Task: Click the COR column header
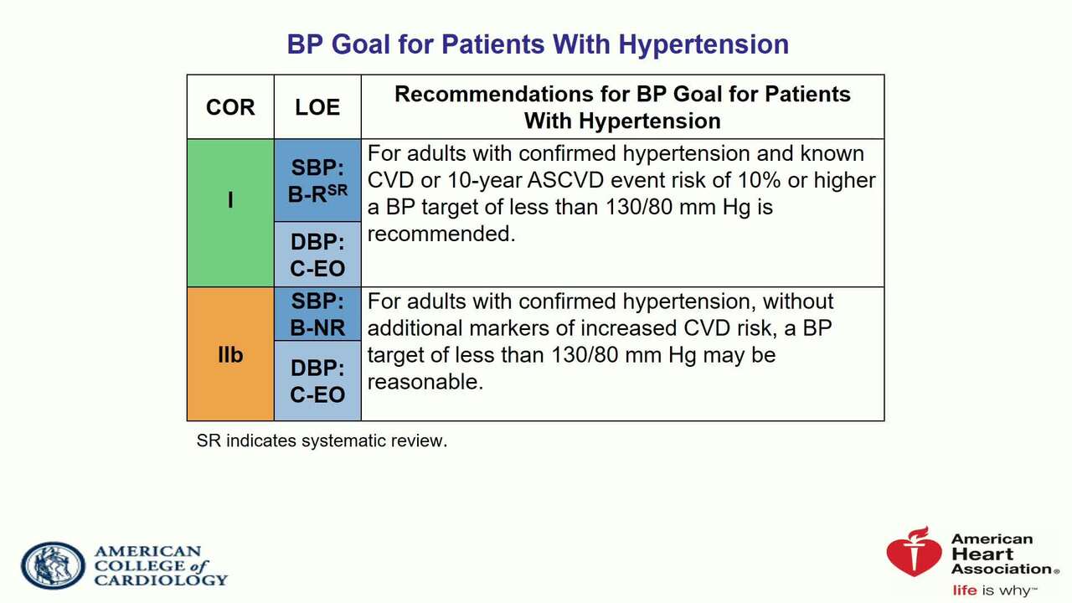point(230,107)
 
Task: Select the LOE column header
point(317,107)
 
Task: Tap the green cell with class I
point(230,213)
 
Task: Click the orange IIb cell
point(230,354)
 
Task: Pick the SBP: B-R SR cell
point(317,180)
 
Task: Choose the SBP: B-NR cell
point(317,314)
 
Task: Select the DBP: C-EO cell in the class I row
point(317,255)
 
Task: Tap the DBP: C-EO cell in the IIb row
point(317,381)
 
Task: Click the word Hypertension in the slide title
point(703,45)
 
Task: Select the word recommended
point(441,234)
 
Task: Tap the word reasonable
point(425,382)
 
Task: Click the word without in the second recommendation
point(798,301)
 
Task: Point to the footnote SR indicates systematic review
point(322,441)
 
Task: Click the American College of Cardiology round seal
point(53,565)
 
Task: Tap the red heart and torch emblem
point(913,551)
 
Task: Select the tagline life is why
point(994,590)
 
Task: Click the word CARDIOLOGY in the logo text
point(161,580)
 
